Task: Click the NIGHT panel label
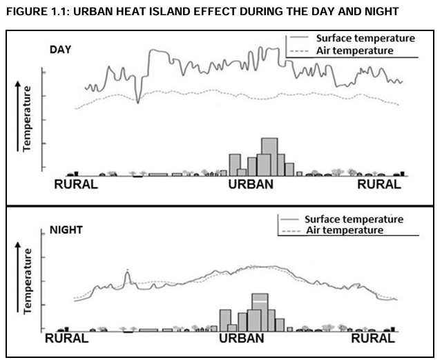(x=65, y=229)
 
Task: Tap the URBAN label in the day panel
(x=251, y=184)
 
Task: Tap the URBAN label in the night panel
(x=241, y=339)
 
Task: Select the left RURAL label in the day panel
(x=76, y=184)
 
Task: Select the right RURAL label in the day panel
(x=378, y=184)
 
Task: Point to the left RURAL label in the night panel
(x=66, y=339)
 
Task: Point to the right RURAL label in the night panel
(x=373, y=339)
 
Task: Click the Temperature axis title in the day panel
(x=28, y=118)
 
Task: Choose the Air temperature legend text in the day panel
(x=354, y=50)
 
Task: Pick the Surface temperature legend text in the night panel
(x=354, y=219)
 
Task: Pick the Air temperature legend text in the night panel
(x=344, y=230)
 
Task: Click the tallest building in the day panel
(x=269, y=156)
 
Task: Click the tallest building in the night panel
(x=260, y=311)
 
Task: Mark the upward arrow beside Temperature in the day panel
(x=15, y=118)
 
